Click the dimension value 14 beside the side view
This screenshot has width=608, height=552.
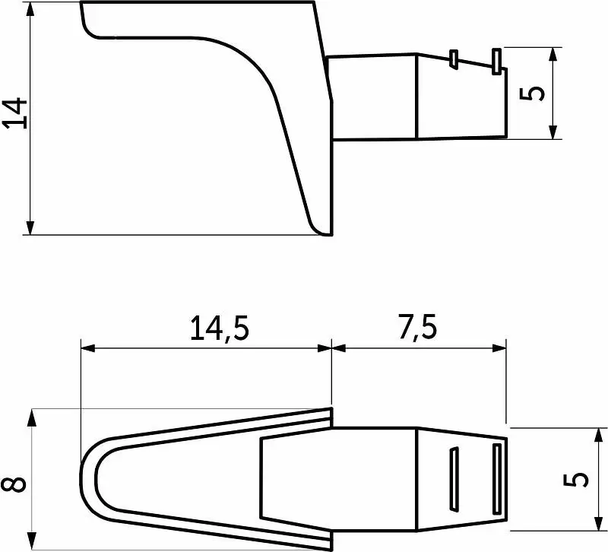click(x=14, y=113)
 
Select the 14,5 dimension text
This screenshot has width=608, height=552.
click(x=219, y=328)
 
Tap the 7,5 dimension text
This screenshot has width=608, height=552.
click(x=417, y=327)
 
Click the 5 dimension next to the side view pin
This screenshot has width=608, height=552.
click(x=531, y=94)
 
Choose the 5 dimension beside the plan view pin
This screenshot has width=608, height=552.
click(x=576, y=480)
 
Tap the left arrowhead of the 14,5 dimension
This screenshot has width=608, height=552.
click(x=88, y=348)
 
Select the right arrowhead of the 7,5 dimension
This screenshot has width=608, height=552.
click(x=499, y=348)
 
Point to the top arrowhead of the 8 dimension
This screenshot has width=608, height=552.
click(x=32, y=418)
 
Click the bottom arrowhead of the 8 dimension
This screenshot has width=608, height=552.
click(x=32, y=541)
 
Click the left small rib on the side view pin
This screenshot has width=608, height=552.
click(x=454, y=59)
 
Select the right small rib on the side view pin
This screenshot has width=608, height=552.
click(x=496, y=62)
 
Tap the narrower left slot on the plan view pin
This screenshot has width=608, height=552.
click(x=454, y=479)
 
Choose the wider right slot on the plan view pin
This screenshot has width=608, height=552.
click(x=497, y=479)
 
